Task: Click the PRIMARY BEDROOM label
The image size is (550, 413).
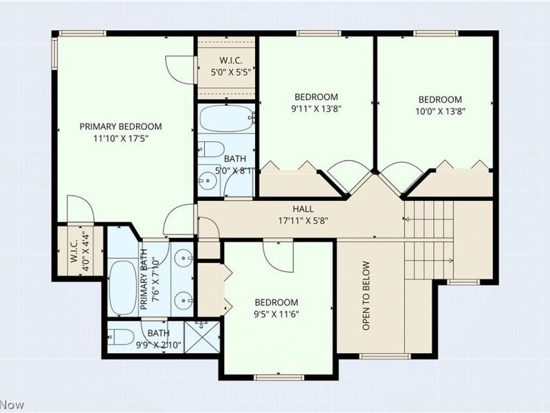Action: click(x=120, y=126)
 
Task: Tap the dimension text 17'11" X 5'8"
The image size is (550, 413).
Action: click(x=303, y=221)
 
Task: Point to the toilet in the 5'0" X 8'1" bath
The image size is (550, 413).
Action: click(x=212, y=150)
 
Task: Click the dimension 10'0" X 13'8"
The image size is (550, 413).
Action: click(x=440, y=111)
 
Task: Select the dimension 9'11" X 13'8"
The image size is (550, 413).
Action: click(x=316, y=107)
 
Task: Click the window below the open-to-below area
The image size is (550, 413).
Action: click(x=375, y=356)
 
